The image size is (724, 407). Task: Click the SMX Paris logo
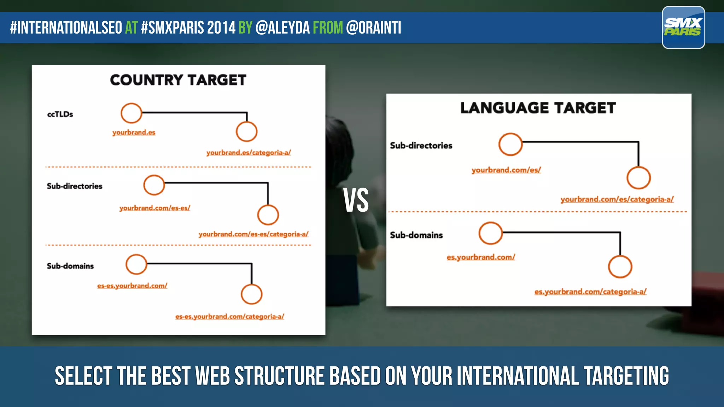click(x=683, y=27)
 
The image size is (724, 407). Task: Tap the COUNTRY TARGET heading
click(x=178, y=80)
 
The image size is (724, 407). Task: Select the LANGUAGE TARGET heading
click(x=538, y=108)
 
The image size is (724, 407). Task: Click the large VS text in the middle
click(x=356, y=200)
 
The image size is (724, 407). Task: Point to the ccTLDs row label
click(x=60, y=114)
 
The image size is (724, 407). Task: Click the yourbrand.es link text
click(x=134, y=132)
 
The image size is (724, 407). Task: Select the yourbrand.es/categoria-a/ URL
click(x=249, y=153)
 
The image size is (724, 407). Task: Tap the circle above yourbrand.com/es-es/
click(x=154, y=185)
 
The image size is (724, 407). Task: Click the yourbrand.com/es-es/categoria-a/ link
click(x=253, y=234)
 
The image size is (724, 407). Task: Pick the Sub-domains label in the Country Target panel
click(x=70, y=266)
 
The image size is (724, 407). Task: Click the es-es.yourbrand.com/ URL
click(x=132, y=285)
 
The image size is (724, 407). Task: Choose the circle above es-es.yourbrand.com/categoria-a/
click(x=251, y=294)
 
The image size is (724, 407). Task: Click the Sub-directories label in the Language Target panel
click(x=421, y=146)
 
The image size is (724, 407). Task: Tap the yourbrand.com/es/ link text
click(x=506, y=170)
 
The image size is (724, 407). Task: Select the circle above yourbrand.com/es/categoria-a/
click(x=638, y=178)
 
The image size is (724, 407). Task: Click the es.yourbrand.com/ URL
click(x=481, y=257)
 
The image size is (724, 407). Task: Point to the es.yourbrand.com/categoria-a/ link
click(x=590, y=292)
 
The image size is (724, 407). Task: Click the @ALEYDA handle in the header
click(x=282, y=28)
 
